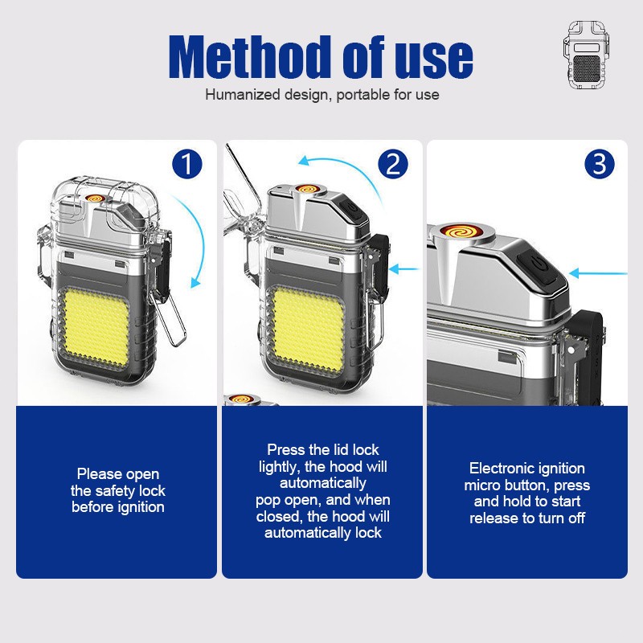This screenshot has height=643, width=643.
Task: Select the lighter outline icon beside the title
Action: pos(587,55)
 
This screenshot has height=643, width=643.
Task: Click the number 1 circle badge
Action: pos(187,164)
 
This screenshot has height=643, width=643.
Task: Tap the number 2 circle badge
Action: pos(393,164)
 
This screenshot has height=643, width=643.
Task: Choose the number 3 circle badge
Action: pos(599,164)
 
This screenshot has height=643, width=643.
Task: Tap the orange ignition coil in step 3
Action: pos(461,232)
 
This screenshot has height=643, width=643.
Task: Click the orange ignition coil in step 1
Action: pos(95,199)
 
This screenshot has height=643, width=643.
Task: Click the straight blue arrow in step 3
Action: pos(598,273)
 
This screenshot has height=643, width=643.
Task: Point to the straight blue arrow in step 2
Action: pos(404,269)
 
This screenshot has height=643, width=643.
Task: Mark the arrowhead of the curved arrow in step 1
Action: pos(196,282)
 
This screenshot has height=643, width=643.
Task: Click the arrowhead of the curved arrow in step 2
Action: pos(305,161)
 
